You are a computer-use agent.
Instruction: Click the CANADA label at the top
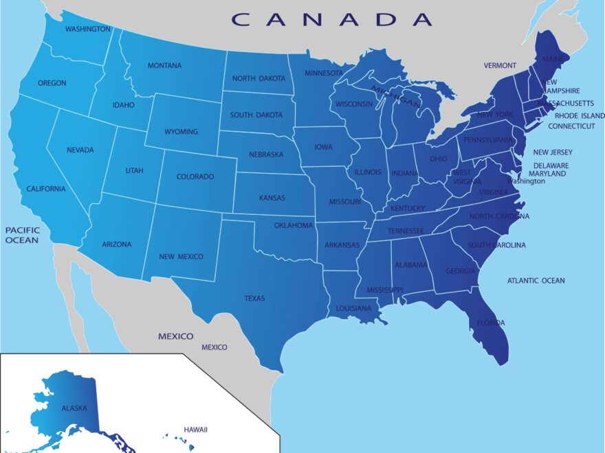[x=332, y=19]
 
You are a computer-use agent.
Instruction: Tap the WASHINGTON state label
[x=87, y=30]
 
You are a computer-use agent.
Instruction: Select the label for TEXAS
[x=254, y=299]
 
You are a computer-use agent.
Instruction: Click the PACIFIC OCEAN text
[x=23, y=235]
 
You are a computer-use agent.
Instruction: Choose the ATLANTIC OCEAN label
[x=536, y=281]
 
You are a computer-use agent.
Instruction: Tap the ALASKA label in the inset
[x=74, y=408]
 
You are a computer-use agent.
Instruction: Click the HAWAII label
[x=195, y=430]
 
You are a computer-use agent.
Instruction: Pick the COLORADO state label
[x=195, y=176]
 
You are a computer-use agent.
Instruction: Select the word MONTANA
[x=165, y=66]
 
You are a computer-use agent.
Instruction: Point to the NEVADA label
[x=80, y=150]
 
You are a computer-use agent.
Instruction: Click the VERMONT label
[x=500, y=66]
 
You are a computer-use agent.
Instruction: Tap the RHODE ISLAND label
[x=580, y=116]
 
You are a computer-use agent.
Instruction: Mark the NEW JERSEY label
[x=553, y=152]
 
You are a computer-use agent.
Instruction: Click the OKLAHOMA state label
[x=294, y=225]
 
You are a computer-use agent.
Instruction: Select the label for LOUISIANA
[x=353, y=309]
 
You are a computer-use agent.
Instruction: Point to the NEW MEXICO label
[x=181, y=257]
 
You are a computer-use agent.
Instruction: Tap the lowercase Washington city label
[x=525, y=181]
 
